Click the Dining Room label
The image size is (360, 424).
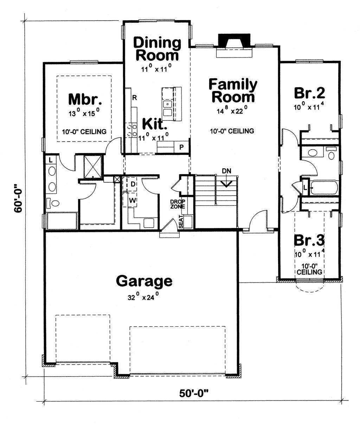point(157,49)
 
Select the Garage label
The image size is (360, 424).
point(144,281)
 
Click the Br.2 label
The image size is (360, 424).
point(309,93)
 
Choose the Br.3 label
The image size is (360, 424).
point(309,240)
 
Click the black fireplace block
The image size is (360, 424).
point(234,40)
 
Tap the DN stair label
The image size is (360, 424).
point(226,171)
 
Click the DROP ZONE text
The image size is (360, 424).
point(178,204)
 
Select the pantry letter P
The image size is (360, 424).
point(181,147)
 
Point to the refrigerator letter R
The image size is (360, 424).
point(134,98)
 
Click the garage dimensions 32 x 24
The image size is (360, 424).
point(143,297)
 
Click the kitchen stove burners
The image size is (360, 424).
point(131,130)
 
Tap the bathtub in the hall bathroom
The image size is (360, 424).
point(324,188)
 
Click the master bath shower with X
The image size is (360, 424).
point(93,167)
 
